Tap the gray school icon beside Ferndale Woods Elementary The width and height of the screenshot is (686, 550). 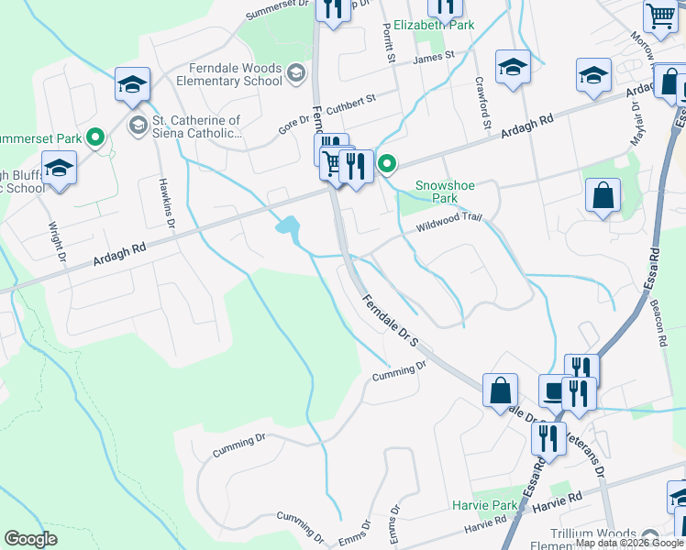(295, 72)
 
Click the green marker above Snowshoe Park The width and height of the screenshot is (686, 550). (388, 165)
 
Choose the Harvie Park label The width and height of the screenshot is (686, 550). (485, 505)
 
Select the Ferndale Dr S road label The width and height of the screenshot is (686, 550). (390, 321)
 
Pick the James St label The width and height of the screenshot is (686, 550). (434, 58)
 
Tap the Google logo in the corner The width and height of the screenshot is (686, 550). (30, 539)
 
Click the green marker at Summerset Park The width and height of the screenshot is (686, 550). (95, 138)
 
